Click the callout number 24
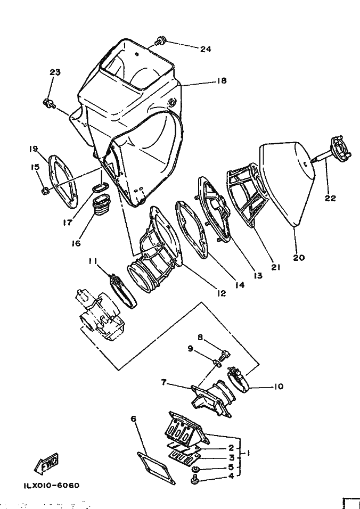[x=205, y=50]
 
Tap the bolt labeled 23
[x=49, y=103]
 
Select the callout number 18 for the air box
[x=222, y=80]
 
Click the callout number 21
[x=275, y=267]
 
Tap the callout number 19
[x=33, y=149]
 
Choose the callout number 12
[x=222, y=293]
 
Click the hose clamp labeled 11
[x=124, y=291]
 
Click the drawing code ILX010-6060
[x=51, y=486]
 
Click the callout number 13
[x=258, y=276]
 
